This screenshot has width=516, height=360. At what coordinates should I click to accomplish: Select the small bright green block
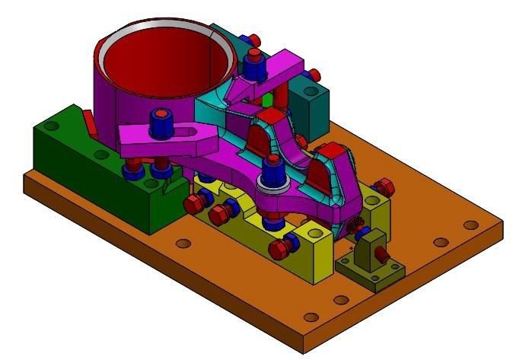(x=267, y=100)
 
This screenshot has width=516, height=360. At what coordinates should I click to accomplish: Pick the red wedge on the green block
(x=88, y=122)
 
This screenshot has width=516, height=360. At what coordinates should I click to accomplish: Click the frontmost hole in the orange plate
(x=309, y=317)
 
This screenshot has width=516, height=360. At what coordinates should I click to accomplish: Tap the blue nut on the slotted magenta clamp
(x=161, y=122)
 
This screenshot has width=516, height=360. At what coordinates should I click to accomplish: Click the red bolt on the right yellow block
(x=384, y=186)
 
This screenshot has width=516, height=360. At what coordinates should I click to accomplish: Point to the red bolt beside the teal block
(x=313, y=74)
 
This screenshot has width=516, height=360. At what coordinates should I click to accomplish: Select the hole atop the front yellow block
(x=312, y=232)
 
